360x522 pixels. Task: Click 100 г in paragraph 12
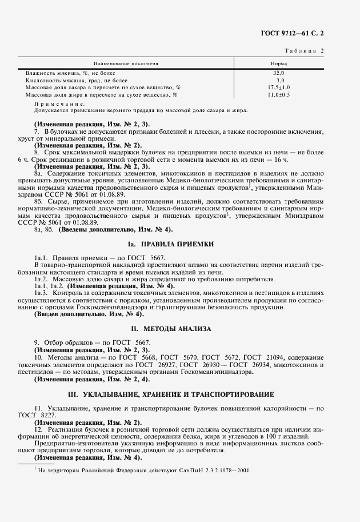coord(297,436)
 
